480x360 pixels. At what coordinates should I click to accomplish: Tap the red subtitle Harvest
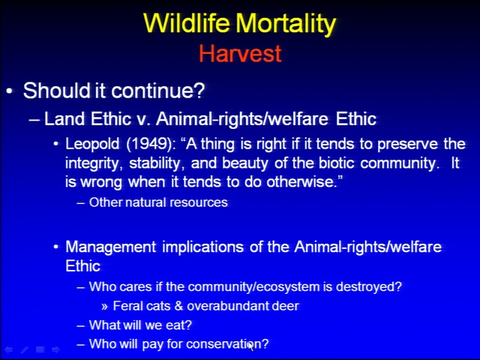pos(240,53)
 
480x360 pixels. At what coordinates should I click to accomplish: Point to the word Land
pos(64,118)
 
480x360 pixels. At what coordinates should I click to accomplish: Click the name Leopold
pos(92,145)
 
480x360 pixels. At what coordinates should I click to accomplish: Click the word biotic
pos(337,163)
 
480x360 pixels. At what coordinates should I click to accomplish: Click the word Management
pos(111,247)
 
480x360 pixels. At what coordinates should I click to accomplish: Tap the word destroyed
pos(368,287)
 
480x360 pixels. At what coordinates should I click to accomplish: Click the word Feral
pos(125,306)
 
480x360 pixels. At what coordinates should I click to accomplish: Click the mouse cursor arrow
pos(251,346)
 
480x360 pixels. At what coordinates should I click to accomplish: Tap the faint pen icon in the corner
pos(25,349)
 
